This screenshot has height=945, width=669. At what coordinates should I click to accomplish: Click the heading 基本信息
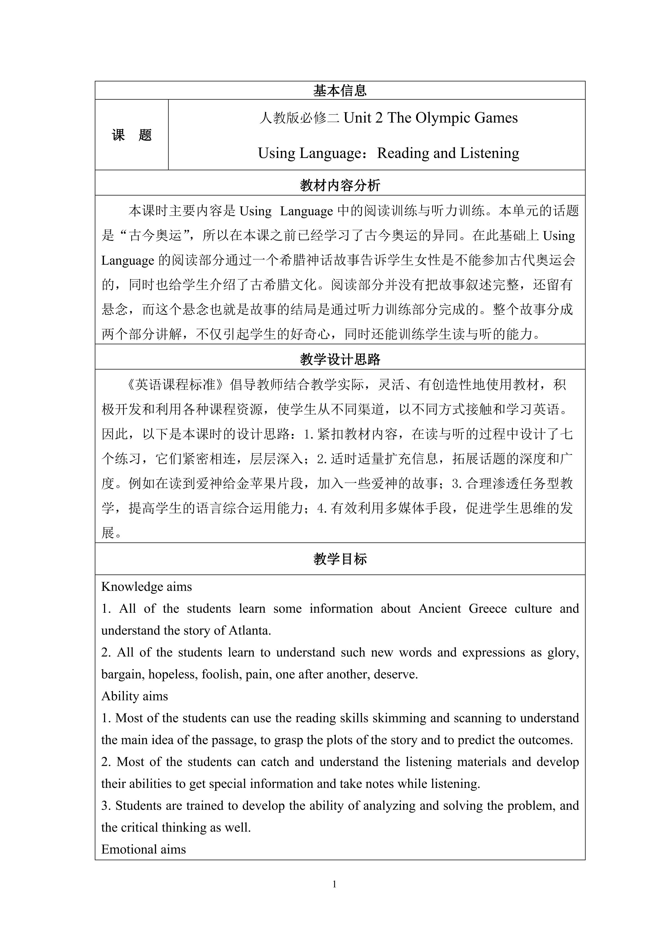point(340,91)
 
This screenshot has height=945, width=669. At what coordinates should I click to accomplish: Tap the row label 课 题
point(132,135)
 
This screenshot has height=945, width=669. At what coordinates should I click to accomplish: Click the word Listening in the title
point(489,153)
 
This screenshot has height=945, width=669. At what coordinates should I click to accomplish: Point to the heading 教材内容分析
point(340,186)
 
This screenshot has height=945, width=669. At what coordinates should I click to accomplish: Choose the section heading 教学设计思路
point(340,359)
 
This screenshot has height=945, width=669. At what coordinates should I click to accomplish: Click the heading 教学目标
point(340,559)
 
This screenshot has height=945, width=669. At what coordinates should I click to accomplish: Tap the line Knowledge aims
point(147,587)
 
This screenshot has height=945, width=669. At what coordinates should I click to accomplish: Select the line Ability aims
point(135,696)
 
